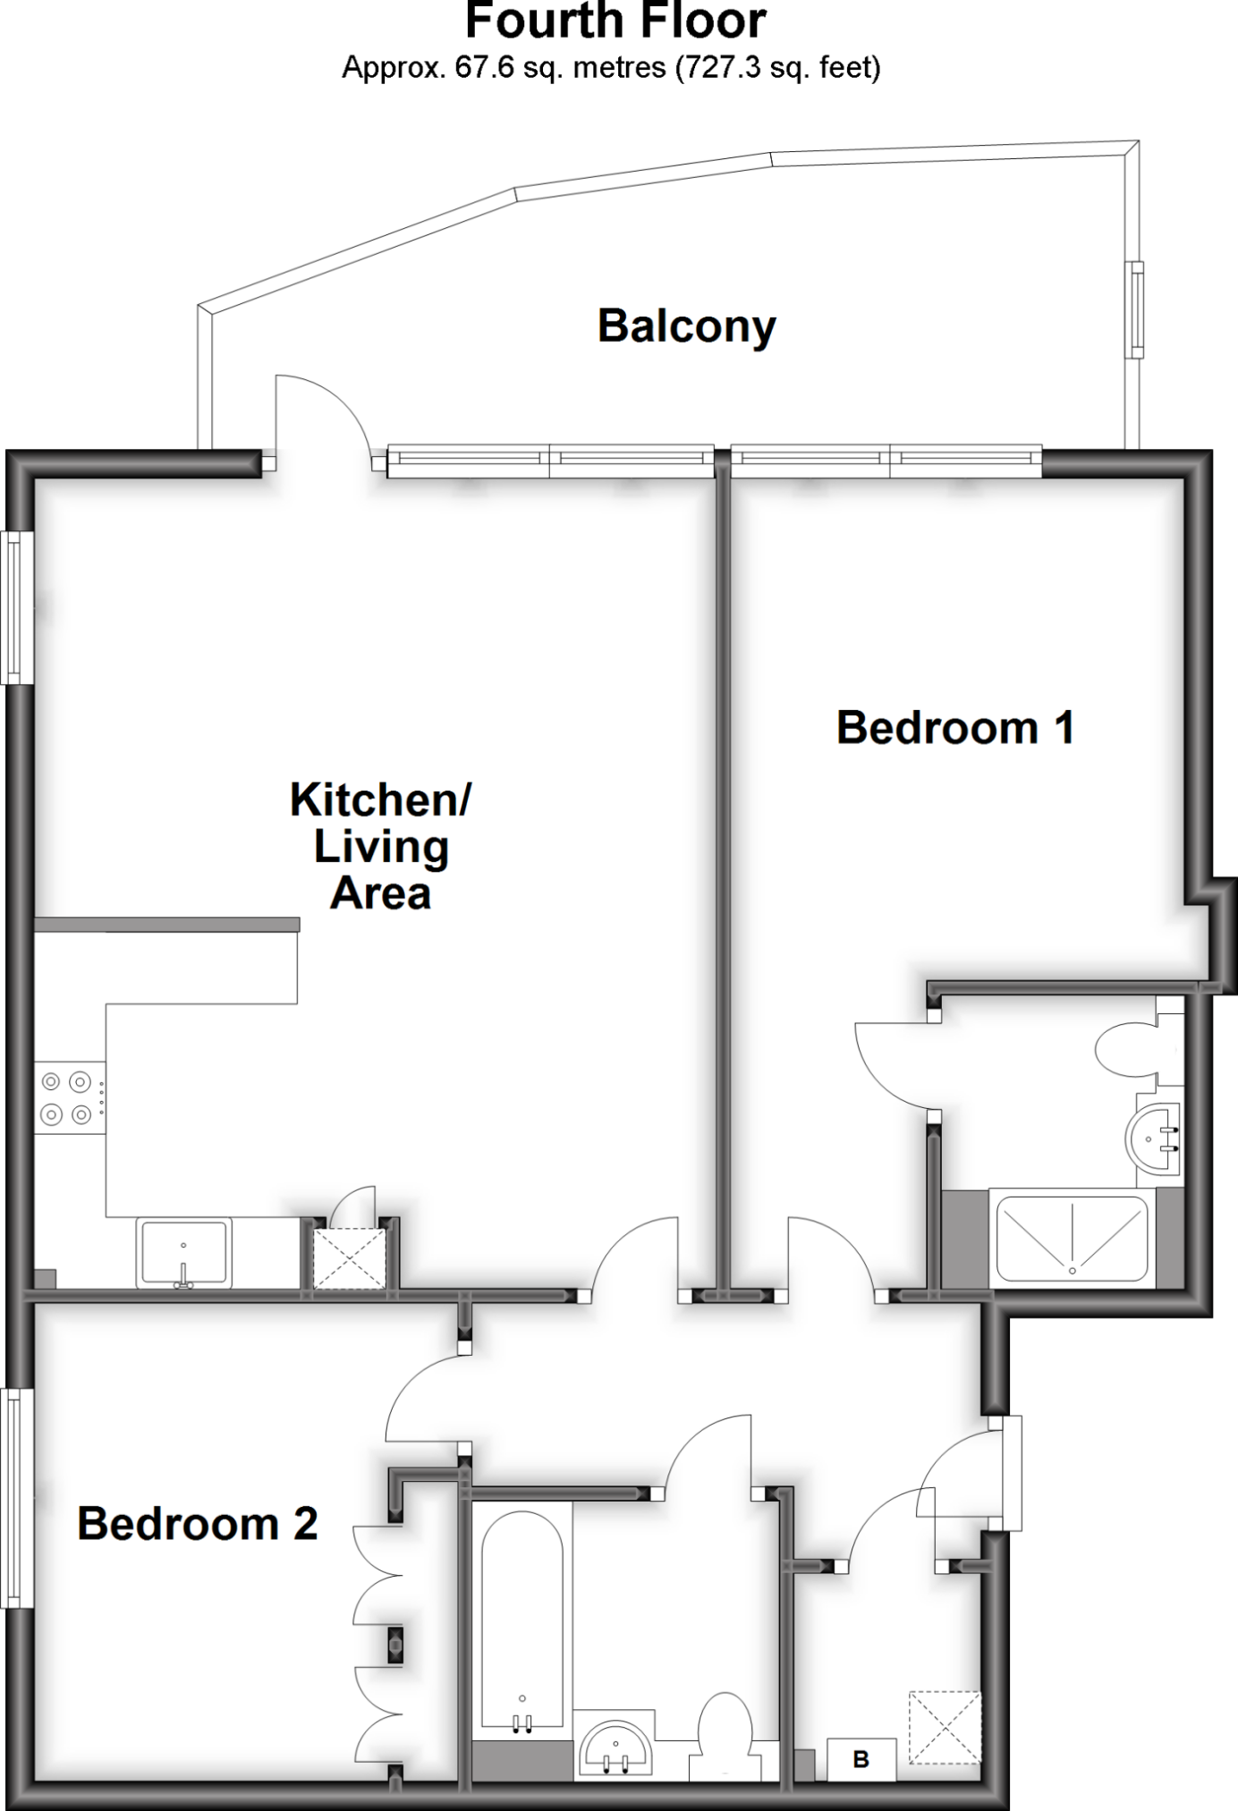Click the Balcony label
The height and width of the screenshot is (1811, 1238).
pyautogui.click(x=686, y=326)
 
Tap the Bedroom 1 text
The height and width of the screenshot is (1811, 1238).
pyautogui.click(x=954, y=728)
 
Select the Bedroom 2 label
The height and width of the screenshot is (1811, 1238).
pyautogui.click(x=197, y=1524)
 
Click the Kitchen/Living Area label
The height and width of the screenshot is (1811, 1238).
pyautogui.click(x=380, y=846)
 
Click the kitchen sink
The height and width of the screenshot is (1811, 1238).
pyautogui.click(x=183, y=1252)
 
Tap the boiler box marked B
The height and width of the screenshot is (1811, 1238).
pyautogui.click(x=861, y=1761)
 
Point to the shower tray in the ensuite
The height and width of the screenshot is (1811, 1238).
pyautogui.click(x=1072, y=1238)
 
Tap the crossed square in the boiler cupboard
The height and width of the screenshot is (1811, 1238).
pyautogui.click(x=945, y=1727)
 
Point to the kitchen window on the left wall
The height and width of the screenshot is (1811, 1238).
pyautogui.click(x=13, y=608)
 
